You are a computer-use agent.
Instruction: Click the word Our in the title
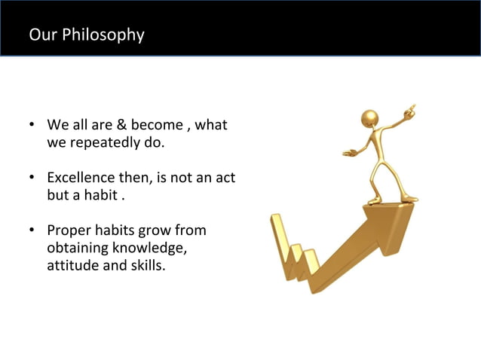tap(39, 35)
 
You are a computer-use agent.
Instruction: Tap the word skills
tap(146, 266)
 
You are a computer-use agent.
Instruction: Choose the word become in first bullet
tap(157, 124)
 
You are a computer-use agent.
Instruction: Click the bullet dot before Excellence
tap(32, 178)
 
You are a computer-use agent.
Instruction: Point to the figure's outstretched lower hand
tap(348, 152)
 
